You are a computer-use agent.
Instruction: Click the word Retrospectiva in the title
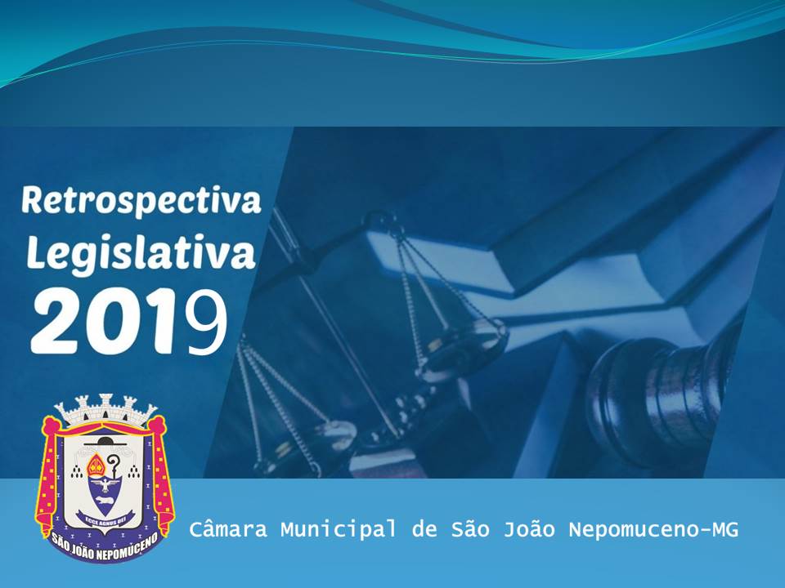[141, 201]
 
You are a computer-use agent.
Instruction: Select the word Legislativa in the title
[141, 252]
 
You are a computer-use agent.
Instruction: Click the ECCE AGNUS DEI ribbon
[105, 516]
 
